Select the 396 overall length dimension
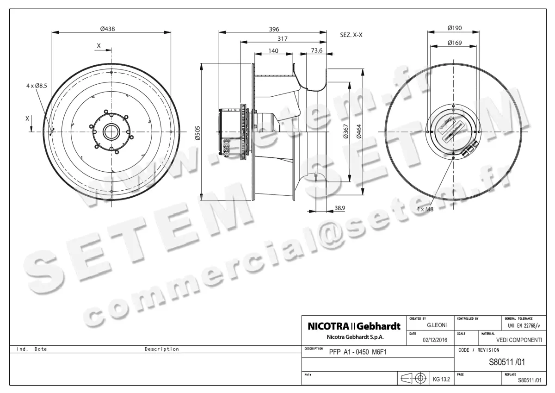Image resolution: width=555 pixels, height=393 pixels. click(x=274, y=29)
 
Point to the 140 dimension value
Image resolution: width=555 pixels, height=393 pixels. click(x=273, y=51)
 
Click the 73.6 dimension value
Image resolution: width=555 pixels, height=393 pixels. click(x=317, y=51)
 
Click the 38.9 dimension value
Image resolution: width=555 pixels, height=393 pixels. click(x=339, y=208)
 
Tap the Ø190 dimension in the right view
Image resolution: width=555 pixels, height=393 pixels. click(x=455, y=29)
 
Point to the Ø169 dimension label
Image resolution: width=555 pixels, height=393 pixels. click(x=455, y=43)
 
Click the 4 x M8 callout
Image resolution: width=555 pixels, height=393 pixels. click(x=425, y=209)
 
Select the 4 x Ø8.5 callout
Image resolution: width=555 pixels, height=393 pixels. click(x=37, y=86)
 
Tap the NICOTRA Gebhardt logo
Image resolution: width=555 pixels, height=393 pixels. click(x=354, y=327)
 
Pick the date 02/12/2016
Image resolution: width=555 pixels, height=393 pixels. click(x=435, y=340)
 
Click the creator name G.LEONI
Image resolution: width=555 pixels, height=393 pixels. click(x=436, y=326)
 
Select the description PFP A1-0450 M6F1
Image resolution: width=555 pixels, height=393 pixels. click(x=358, y=352)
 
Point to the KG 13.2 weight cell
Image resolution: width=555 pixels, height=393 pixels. click(x=441, y=379)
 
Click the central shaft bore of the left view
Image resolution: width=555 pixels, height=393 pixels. click(x=111, y=132)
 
